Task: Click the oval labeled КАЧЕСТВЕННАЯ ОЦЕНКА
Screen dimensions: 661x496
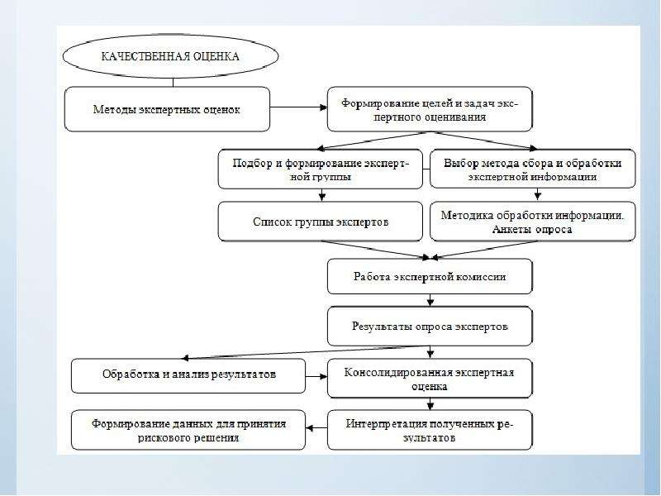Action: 171,56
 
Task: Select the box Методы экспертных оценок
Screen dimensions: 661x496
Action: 167,109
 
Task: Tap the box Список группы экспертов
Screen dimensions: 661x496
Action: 321,222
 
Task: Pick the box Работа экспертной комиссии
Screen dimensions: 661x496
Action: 430,277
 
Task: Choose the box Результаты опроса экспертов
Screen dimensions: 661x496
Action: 430,327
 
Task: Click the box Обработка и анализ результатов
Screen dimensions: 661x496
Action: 188,376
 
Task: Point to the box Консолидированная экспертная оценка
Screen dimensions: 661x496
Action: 430,379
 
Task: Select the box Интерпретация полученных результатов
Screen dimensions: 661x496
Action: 430,430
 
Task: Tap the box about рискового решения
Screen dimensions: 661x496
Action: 188,430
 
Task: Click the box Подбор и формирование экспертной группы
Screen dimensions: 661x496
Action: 321,169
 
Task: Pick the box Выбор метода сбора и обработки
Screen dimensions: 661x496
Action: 532,169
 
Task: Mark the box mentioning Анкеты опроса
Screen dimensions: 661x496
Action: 532,222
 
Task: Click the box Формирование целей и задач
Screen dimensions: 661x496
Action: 430,109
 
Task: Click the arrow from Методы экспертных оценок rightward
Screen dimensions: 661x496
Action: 298,107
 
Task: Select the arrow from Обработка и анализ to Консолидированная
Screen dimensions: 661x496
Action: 316,376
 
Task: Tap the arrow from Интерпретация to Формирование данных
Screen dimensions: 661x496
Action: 316,428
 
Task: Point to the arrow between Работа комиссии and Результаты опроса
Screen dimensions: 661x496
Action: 430,300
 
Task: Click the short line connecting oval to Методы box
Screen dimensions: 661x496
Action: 173,83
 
